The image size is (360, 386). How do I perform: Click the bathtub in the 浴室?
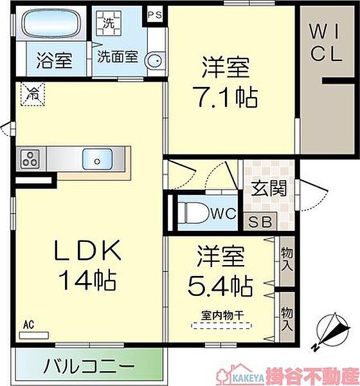pyautogui.click(x=52, y=24)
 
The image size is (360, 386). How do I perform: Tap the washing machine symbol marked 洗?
pyautogui.click(x=109, y=23)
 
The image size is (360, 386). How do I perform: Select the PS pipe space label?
pyautogui.click(x=155, y=15)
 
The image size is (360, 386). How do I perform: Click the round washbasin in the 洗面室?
pyautogui.click(x=154, y=60)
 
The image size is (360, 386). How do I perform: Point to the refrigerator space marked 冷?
pyautogui.click(x=33, y=94)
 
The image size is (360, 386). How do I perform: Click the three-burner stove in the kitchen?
pyautogui.click(x=30, y=159)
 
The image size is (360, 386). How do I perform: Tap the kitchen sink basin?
pyautogui.click(x=98, y=160)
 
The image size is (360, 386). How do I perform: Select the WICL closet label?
pyautogui.click(x=325, y=43)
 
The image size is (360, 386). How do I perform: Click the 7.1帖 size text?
pyautogui.click(x=225, y=97)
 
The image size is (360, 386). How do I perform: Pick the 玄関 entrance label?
pyautogui.click(x=269, y=188)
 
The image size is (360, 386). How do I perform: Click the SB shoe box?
pyautogui.click(x=260, y=221)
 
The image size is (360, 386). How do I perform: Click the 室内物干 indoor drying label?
pyautogui.click(x=222, y=316)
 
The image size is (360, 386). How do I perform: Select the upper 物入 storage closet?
pyautogui.click(x=287, y=261)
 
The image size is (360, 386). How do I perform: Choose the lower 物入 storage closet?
pyautogui.click(x=287, y=317)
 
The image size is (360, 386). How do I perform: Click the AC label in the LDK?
pyautogui.click(x=28, y=325)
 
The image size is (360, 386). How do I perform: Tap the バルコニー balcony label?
pyautogui.click(x=89, y=366)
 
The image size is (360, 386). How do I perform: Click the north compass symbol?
pyautogui.click(x=332, y=331)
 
